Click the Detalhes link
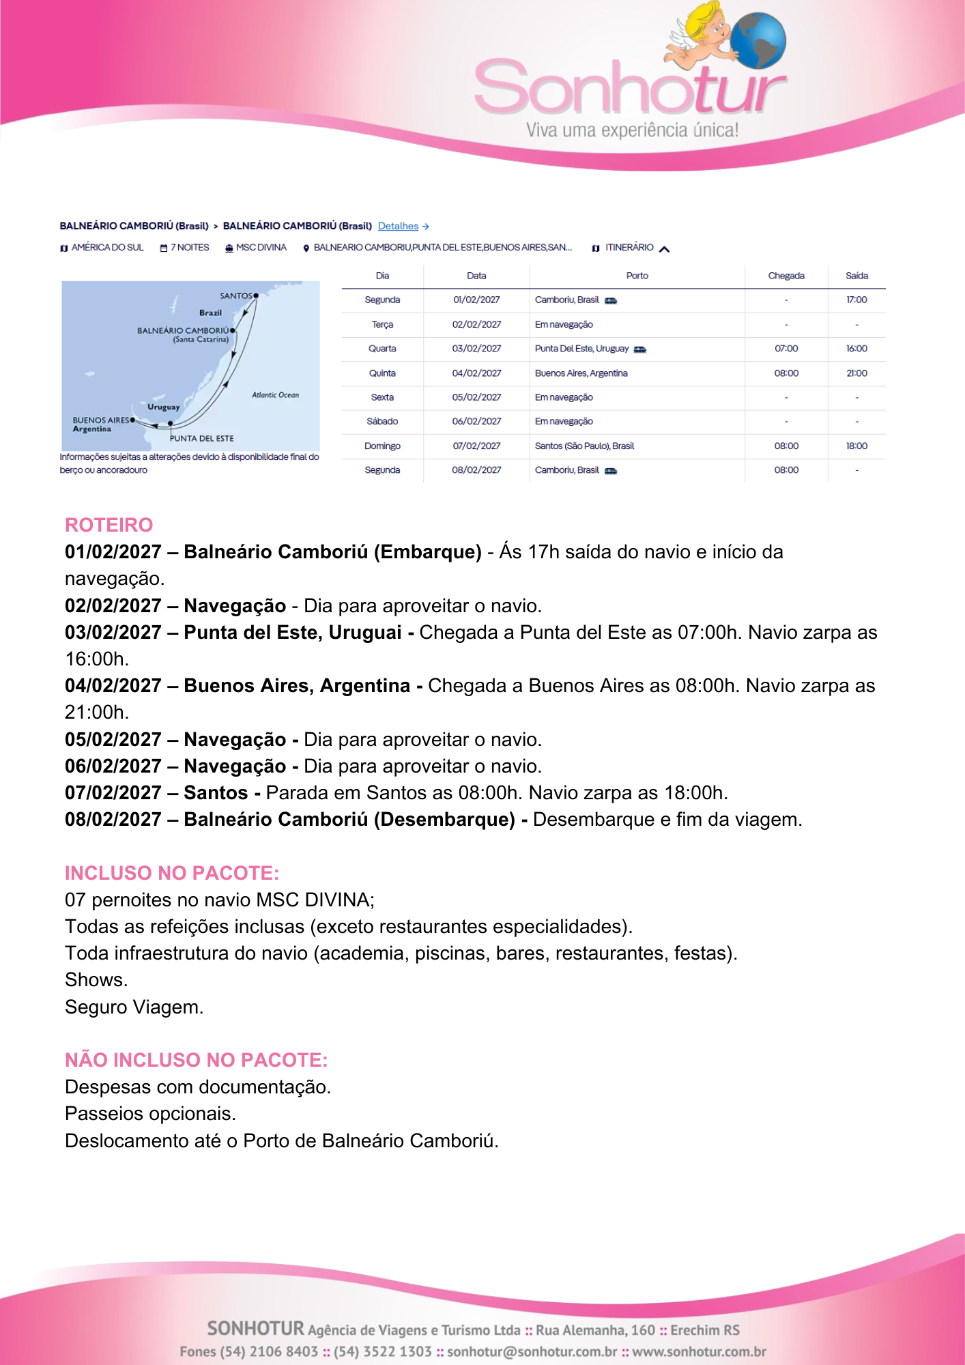tap(399, 226)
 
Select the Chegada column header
tap(786, 276)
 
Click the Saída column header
tap(856, 276)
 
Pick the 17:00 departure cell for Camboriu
tap(856, 300)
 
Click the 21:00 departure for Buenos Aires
tap(856, 373)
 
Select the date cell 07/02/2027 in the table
tap(476, 446)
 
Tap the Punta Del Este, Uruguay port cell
tap(582, 349)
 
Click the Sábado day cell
tap(382, 421)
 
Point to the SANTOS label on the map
tap(236, 296)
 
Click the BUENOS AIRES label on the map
tap(100, 420)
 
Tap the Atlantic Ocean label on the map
tap(275, 394)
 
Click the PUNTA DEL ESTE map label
tap(201, 438)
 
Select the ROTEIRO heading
tap(109, 525)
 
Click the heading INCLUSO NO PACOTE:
tap(171, 873)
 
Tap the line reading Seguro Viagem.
tap(134, 1007)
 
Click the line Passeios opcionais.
tap(150, 1113)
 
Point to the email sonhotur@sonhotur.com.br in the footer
tap(532, 1351)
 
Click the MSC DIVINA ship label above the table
tap(261, 247)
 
